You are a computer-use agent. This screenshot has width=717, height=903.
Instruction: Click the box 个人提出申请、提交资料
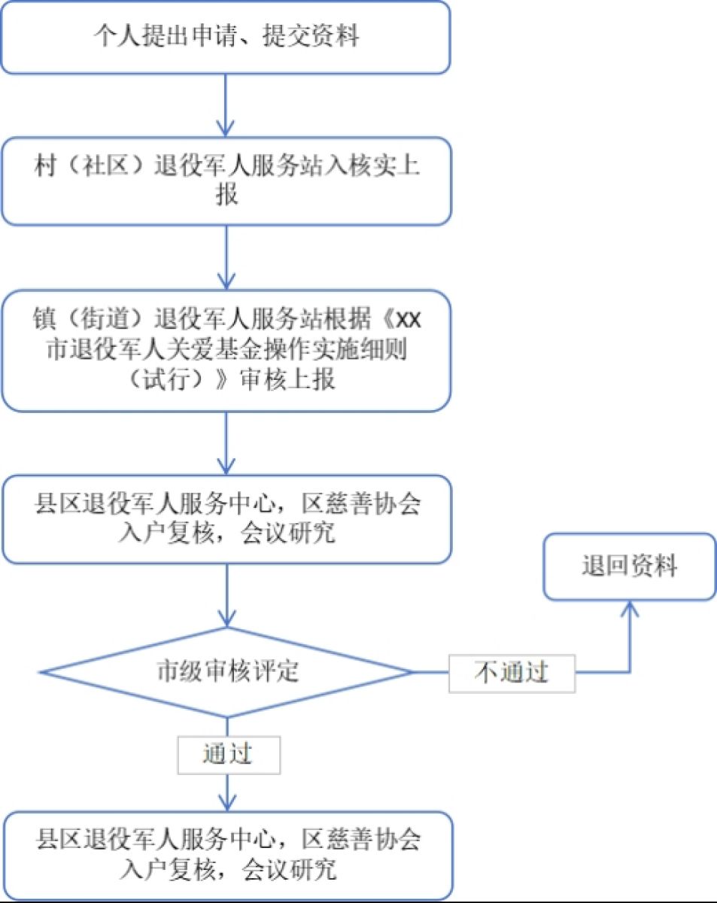pos(226,37)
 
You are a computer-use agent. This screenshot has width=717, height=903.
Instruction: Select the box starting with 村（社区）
pos(226,181)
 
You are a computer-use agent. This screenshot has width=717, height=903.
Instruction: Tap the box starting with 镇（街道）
pos(226,351)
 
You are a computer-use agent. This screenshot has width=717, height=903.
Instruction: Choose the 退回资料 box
pos(629,567)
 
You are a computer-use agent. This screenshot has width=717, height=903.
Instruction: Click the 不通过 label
pos(512,673)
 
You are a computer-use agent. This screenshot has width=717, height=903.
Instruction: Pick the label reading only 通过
pos(228,755)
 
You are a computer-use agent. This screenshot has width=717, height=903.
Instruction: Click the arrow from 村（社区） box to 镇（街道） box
pos(226,256)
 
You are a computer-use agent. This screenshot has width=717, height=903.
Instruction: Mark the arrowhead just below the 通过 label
pos(226,801)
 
